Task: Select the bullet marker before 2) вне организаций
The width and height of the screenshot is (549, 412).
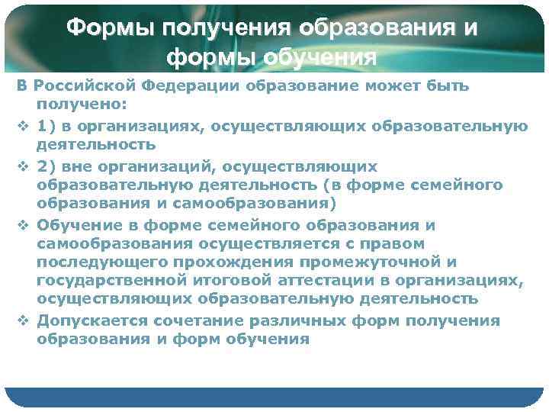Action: (x=22, y=166)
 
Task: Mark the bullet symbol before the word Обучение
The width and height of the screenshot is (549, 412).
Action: (x=22, y=226)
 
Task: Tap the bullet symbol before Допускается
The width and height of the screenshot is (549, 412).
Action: (x=22, y=320)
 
